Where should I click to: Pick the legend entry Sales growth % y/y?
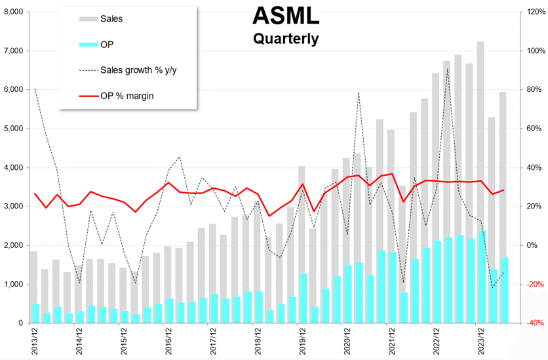[x=138, y=70]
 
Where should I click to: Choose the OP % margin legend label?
[x=127, y=96]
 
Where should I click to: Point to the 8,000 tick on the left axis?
[x=12, y=12]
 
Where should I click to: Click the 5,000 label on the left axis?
[x=12, y=129]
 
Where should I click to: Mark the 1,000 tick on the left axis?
[x=12, y=285]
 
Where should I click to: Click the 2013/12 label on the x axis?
[x=33, y=341]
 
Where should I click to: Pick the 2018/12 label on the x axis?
[x=258, y=341]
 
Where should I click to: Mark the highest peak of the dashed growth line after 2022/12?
[x=447, y=69]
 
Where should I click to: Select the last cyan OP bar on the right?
[x=504, y=290]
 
